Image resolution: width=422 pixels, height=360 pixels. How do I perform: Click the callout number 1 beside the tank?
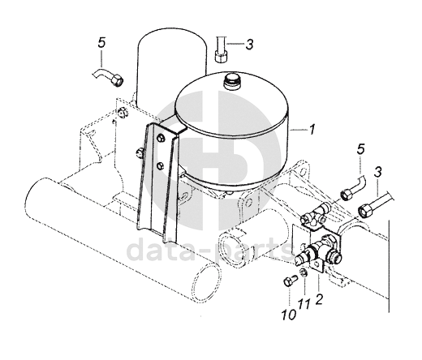312,130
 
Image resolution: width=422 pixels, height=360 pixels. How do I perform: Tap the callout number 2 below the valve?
319,299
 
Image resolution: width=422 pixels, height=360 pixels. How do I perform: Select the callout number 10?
288,315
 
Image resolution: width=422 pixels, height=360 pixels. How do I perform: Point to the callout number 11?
304,305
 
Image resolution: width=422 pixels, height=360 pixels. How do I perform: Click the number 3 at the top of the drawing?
249,45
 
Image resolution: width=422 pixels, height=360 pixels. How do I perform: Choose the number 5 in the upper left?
101,43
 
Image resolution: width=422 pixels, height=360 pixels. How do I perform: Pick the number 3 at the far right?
378,173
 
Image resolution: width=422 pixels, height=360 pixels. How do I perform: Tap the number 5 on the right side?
361,149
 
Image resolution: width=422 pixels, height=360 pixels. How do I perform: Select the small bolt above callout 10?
290,281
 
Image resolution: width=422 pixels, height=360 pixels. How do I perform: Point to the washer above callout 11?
304,272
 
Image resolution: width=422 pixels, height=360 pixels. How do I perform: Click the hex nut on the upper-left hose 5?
117,79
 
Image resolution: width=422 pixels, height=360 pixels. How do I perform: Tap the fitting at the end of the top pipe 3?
222,56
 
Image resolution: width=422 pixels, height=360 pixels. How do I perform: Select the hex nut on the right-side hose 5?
347,194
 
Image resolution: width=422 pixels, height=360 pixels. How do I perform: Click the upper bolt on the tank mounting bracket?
161,138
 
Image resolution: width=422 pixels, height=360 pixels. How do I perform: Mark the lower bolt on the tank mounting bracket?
161,165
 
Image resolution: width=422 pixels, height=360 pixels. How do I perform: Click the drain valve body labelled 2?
319,250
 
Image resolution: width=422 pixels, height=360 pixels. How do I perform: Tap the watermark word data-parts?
210,251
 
